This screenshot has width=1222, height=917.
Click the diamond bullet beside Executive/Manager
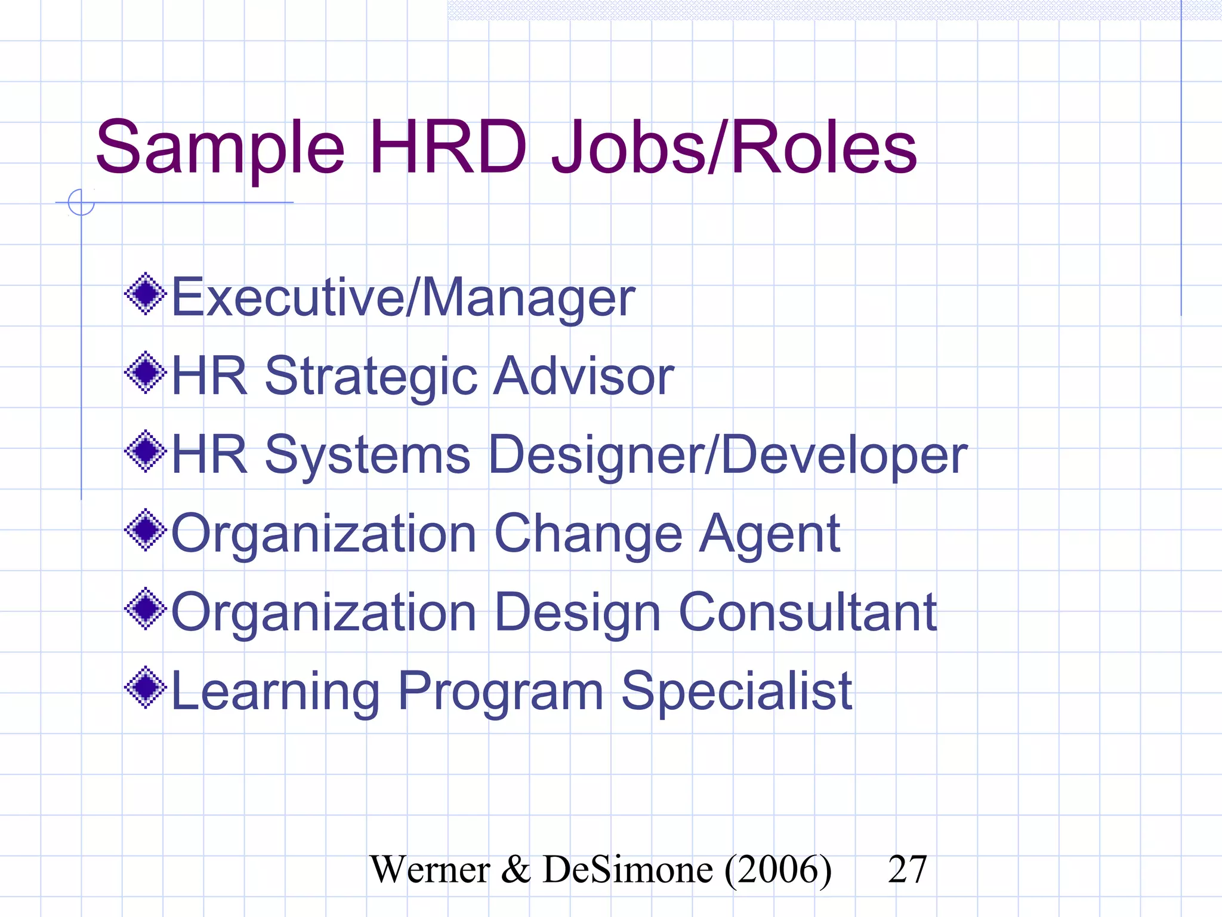point(146,294)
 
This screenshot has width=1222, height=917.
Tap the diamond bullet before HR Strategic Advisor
point(146,373)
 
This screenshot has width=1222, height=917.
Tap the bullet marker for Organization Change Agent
point(146,530)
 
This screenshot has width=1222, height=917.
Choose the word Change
point(588,535)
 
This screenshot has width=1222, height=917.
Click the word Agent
point(770,535)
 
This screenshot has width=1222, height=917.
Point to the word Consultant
point(808,613)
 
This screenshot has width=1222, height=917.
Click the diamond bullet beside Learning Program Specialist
point(146,688)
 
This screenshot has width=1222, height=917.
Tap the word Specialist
point(736,693)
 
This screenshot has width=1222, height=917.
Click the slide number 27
point(907,869)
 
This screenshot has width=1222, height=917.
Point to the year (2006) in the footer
point(778,869)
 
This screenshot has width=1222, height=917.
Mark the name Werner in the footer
point(430,869)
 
